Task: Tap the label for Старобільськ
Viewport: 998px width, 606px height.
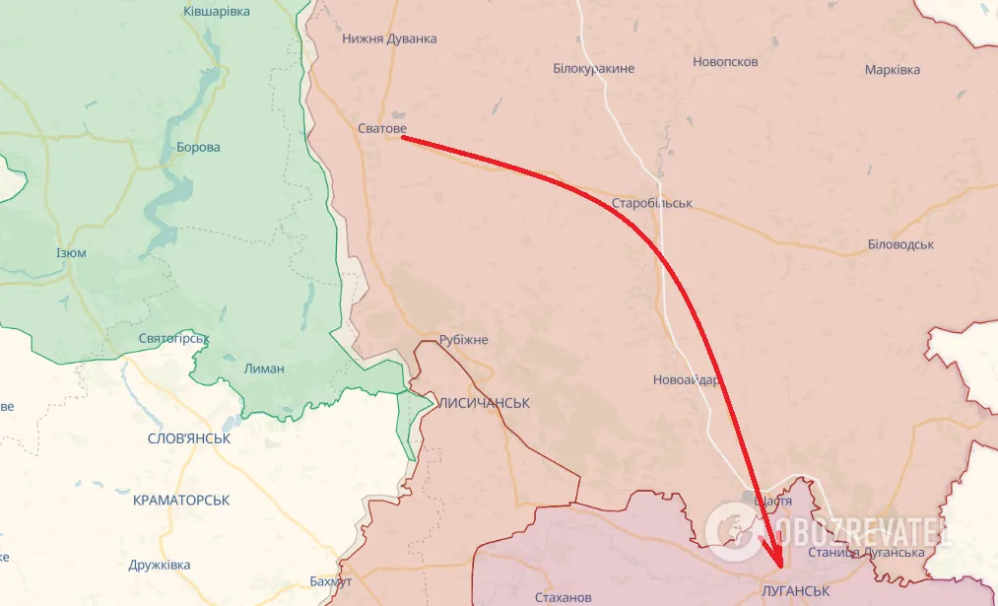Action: point(651,203)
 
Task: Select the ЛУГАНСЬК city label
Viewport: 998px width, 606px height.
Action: point(795,590)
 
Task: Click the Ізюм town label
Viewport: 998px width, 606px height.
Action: point(71,253)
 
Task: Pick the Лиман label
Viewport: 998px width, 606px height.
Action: point(263,369)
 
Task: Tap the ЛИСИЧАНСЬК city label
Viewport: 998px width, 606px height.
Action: point(483,404)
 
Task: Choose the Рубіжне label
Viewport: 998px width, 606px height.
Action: point(463,340)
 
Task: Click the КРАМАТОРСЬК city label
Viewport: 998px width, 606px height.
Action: point(181,501)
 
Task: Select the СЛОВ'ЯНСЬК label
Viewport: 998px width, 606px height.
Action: point(188,438)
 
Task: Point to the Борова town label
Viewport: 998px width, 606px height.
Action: point(198,148)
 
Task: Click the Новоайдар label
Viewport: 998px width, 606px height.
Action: point(687,380)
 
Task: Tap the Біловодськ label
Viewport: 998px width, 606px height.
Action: point(900,244)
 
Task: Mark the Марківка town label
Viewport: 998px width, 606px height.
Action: point(892,70)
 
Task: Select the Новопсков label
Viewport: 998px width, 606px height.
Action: point(725,61)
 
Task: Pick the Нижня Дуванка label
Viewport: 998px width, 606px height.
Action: point(389,39)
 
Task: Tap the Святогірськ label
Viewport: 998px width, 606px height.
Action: point(173,339)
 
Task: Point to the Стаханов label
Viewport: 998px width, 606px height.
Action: point(563,598)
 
